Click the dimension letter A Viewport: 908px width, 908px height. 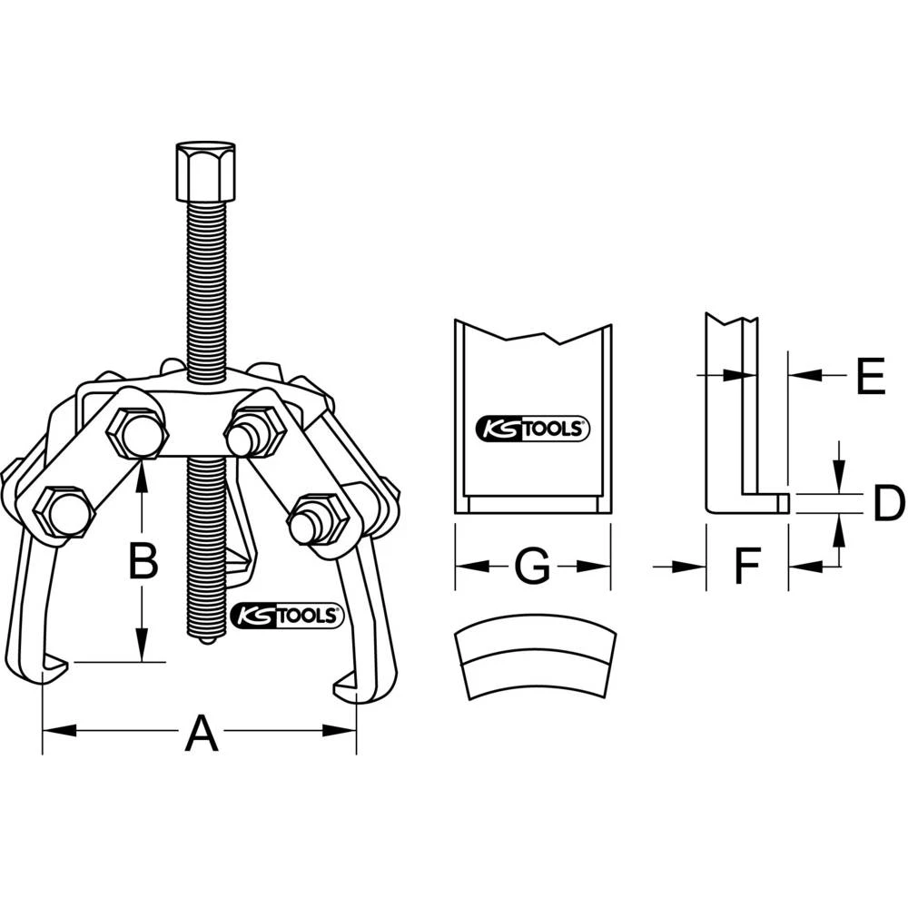click(201, 733)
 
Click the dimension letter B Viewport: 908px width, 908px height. click(143, 562)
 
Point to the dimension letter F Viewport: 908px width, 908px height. click(745, 567)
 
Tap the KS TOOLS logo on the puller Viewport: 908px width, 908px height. click(287, 616)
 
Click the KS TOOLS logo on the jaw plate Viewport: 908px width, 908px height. click(533, 429)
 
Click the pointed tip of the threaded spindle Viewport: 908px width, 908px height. click(207, 639)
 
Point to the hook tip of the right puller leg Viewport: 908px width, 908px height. click(347, 686)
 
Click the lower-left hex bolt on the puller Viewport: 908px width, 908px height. click(66, 515)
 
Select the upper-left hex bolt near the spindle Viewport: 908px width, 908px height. click(137, 433)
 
